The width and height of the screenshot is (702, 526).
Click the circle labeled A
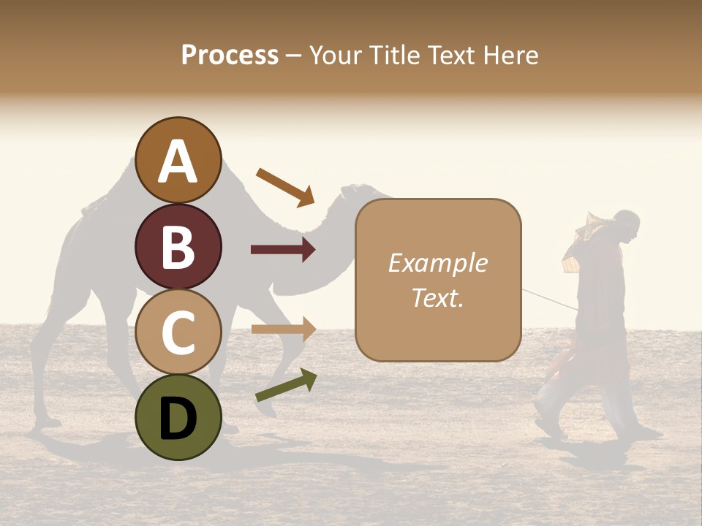178,160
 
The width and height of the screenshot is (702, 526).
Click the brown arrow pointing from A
284,186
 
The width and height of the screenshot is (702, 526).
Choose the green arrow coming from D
285,385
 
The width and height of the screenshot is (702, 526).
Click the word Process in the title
230,55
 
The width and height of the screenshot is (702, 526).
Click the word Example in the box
437,263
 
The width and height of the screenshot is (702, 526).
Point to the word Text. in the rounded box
437,297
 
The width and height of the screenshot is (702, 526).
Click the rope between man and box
548,299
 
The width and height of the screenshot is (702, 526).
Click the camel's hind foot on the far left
48,422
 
